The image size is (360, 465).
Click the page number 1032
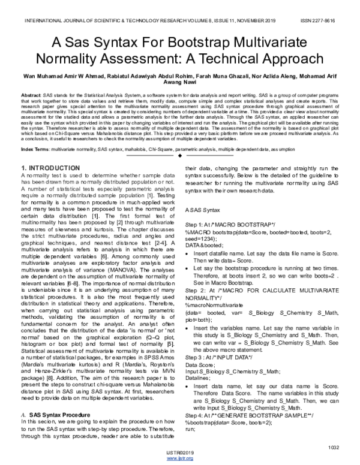(334, 446)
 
